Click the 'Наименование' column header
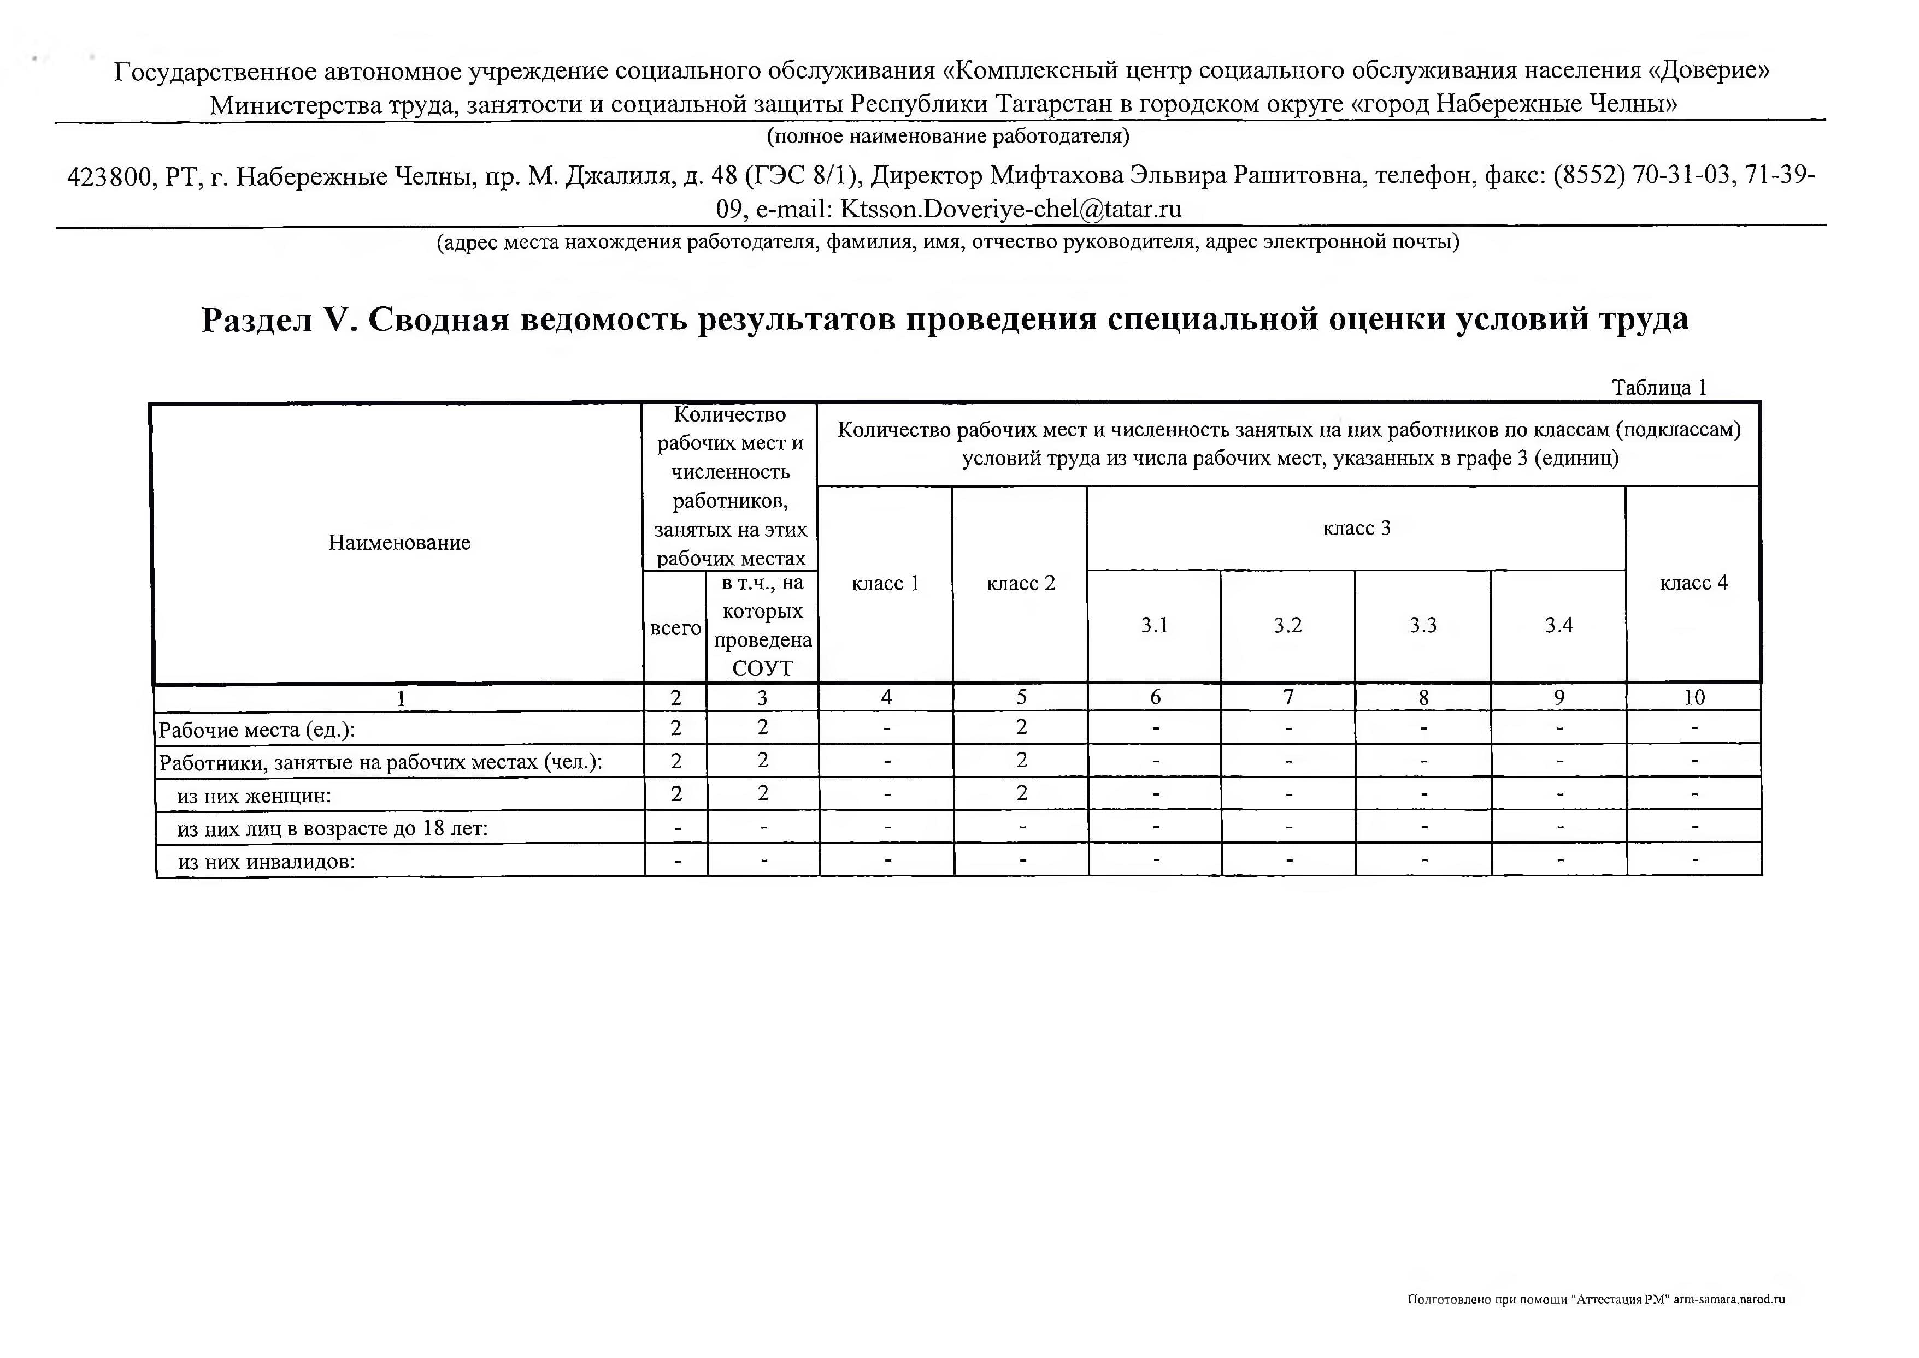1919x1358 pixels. (399, 543)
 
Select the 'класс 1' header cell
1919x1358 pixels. (885, 584)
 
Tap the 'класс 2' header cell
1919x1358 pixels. (1021, 584)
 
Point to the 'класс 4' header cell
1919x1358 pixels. (1693, 584)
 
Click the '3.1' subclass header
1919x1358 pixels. (1155, 625)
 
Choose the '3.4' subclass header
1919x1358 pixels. (1558, 625)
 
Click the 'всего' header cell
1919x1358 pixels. (675, 628)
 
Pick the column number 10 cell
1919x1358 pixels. (1694, 697)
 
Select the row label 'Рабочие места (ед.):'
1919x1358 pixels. (257, 730)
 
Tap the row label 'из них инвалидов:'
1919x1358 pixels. (266, 862)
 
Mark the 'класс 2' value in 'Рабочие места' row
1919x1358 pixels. (1021, 727)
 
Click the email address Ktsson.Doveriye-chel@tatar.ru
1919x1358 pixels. (1010, 209)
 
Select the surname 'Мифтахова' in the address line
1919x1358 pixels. (1055, 176)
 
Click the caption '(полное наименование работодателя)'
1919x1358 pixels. (948, 135)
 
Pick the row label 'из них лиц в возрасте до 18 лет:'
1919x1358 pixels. (332, 829)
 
